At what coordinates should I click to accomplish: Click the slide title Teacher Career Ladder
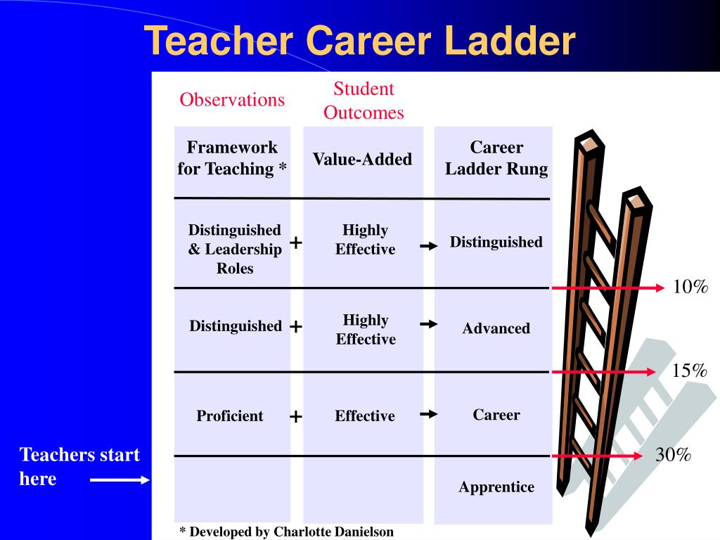(359, 41)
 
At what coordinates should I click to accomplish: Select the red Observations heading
(232, 100)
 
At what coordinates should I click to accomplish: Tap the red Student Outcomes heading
(364, 101)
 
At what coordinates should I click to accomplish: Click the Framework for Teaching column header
(232, 158)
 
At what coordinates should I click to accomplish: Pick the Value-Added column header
(362, 160)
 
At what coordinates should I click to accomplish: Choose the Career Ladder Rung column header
(496, 158)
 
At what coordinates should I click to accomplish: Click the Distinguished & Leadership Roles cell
(235, 249)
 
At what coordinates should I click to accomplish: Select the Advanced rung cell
(496, 328)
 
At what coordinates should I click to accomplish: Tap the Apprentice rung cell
(496, 487)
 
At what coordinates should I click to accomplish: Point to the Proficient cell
(230, 416)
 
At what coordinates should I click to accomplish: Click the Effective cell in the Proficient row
(365, 416)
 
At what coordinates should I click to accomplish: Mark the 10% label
(690, 288)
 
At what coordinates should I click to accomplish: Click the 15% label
(689, 371)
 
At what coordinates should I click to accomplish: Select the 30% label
(674, 455)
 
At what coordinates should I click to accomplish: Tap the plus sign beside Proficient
(296, 417)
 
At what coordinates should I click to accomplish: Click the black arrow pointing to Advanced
(429, 324)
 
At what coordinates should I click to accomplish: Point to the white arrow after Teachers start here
(120, 480)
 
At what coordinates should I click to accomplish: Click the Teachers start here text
(79, 466)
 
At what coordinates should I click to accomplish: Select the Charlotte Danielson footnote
(287, 532)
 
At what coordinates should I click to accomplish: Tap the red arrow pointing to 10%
(608, 288)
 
